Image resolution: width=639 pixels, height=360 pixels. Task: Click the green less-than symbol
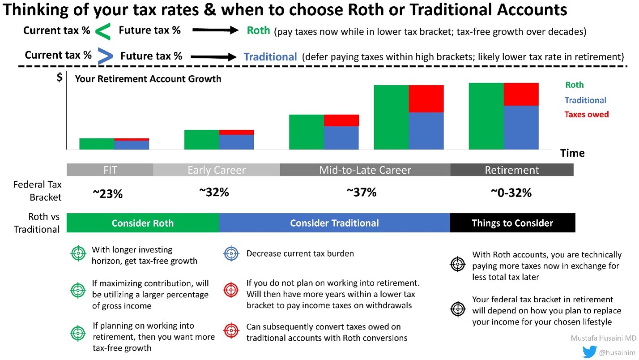(x=104, y=31)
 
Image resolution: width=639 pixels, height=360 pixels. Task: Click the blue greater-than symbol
(x=106, y=56)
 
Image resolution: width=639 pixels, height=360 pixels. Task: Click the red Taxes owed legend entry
(x=586, y=115)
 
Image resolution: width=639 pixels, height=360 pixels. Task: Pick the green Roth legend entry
(x=574, y=85)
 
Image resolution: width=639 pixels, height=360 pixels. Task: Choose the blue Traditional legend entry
(x=585, y=100)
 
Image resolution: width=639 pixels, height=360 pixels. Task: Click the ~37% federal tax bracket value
(x=361, y=193)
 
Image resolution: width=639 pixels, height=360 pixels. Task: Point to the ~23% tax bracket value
(x=107, y=194)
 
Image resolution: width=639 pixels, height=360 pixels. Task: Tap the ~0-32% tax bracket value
(x=511, y=193)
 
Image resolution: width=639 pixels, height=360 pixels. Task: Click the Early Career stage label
(x=217, y=170)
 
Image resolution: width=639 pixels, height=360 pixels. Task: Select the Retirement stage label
(x=512, y=170)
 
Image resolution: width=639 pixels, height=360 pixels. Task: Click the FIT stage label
(x=110, y=170)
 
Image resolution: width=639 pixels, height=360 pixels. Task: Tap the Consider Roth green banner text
(x=143, y=223)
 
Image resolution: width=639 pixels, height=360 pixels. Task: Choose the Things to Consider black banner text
(x=512, y=223)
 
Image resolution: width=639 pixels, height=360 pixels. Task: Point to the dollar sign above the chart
(x=60, y=78)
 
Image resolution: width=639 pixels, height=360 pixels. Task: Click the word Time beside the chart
(x=572, y=153)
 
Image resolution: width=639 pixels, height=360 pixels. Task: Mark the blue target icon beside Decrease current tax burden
(x=231, y=254)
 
